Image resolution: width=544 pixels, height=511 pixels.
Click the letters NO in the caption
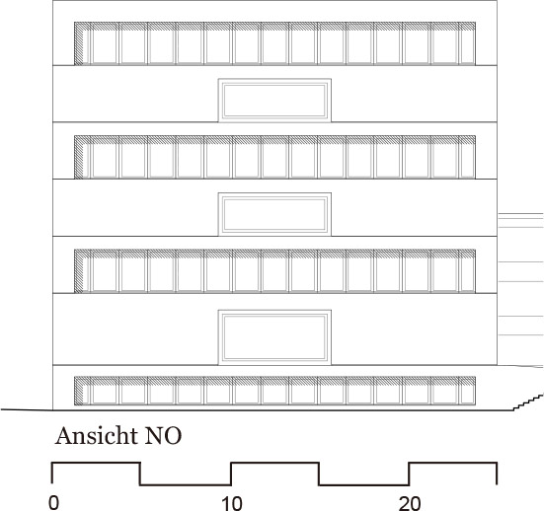163,436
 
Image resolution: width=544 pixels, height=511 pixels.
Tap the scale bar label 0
53,503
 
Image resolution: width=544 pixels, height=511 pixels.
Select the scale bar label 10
232,503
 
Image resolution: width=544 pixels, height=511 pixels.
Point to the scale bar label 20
410,503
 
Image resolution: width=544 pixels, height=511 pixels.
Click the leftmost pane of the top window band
105,46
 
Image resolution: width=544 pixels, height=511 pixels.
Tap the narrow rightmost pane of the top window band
467,46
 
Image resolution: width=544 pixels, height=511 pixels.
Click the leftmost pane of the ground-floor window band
105,395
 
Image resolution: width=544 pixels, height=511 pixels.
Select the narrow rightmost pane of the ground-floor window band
467,395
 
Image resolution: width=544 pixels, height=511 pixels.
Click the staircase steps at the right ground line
528,402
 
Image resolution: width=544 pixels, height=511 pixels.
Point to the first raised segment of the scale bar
96,463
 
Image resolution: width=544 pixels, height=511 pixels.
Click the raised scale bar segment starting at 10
274,463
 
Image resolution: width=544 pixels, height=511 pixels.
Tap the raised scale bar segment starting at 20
453,463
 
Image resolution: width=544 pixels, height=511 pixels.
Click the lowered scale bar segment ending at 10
186,484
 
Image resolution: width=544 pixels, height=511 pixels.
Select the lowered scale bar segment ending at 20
364,484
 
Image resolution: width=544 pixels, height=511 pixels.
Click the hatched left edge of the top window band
79,43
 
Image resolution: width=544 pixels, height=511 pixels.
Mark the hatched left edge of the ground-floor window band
79,391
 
